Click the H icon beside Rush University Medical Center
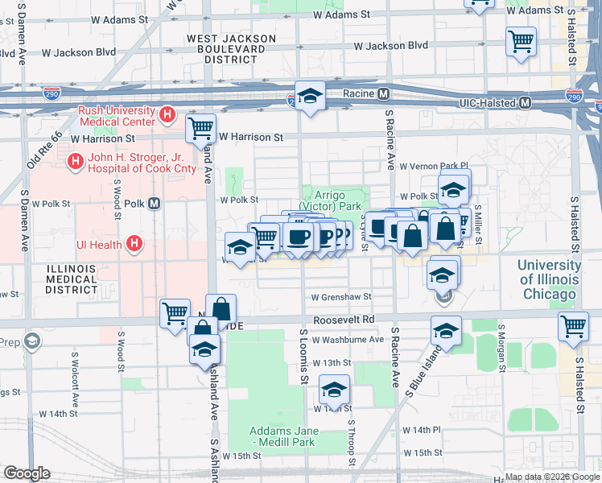[167, 115]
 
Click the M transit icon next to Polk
[154, 204]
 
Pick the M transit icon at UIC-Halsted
[525, 103]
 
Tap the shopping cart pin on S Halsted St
[572, 326]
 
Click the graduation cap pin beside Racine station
[310, 96]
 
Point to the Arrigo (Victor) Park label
[332, 200]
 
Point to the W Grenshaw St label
[340, 297]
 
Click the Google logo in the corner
[27, 473]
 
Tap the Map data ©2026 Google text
[551, 477]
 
